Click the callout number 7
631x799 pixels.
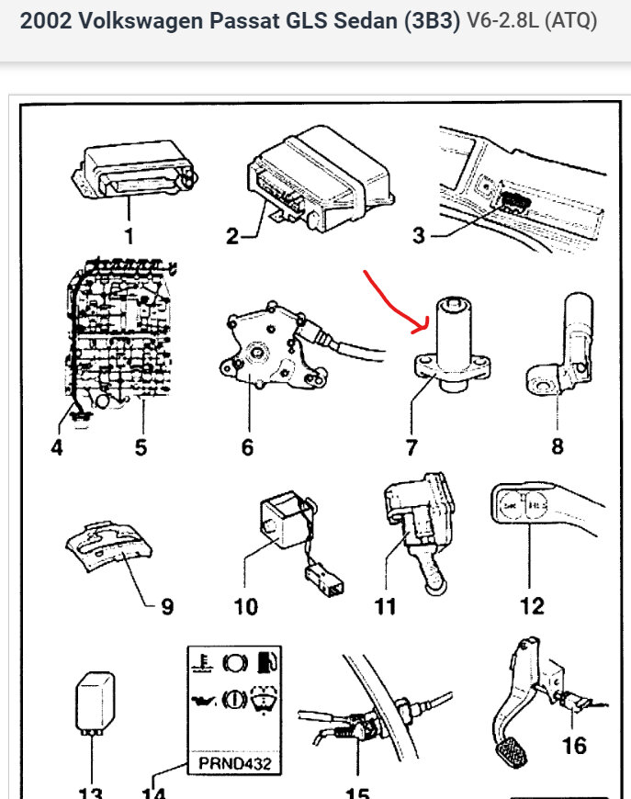411,447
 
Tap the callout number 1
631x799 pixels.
129,236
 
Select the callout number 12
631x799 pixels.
532,605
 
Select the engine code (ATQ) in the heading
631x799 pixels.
569,21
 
